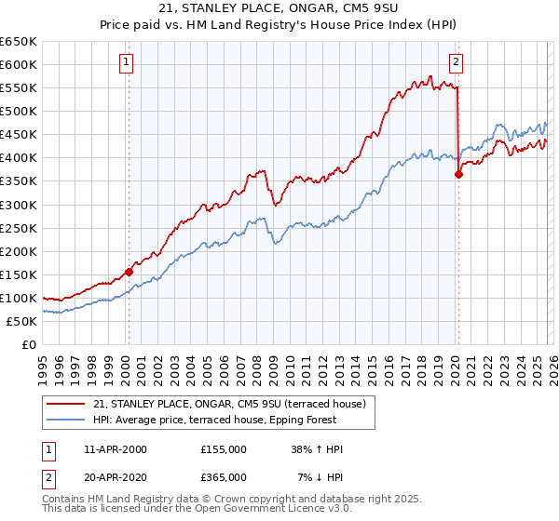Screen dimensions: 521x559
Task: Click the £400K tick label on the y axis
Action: point(19,158)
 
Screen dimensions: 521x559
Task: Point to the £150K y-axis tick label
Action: point(19,274)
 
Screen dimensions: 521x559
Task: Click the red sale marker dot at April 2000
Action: point(129,272)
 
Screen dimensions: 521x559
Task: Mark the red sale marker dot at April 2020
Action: point(458,174)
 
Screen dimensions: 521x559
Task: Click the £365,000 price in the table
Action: point(224,476)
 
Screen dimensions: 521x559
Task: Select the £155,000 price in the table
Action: point(224,449)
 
